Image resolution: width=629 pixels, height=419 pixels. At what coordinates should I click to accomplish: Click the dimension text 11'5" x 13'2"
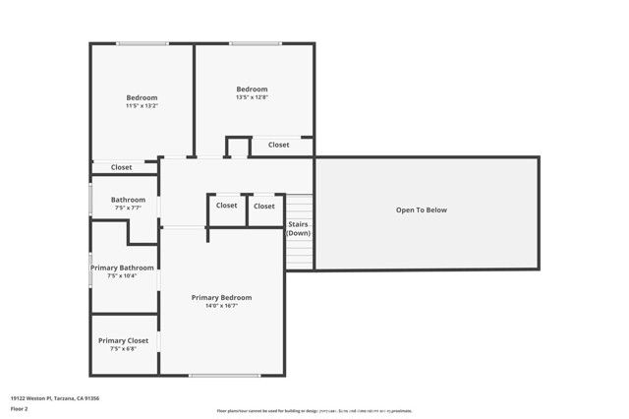pyautogui.click(x=142, y=106)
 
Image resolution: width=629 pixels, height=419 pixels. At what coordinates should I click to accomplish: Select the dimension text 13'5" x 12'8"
pyautogui.click(x=252, y=97)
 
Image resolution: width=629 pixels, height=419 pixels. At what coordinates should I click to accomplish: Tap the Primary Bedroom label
pyautogui.click(x=221, y=297)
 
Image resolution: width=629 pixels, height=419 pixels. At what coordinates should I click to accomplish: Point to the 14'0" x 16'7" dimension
pyautogui.click(x=221, y=306)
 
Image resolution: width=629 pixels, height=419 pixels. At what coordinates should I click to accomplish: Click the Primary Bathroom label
pyautogui.click(x=122, y=268)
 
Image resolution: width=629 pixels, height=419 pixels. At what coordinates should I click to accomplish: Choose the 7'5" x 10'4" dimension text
pyautogui.click(x=122, y=275)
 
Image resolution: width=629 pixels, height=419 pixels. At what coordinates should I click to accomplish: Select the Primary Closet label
pyautogui.click(x=123, y=340)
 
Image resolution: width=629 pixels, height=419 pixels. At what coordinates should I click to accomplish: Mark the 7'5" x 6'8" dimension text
pyautogui.click(x=123, y=348)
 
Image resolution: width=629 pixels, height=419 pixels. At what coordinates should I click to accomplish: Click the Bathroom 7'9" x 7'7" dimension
pyautogui.click(x=128, y=208)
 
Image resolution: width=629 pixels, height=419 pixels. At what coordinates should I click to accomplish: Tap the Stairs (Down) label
pyautogui.click(x=299, y=228)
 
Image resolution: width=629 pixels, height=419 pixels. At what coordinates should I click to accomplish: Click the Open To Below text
pyautogui.click(x=422, y=209)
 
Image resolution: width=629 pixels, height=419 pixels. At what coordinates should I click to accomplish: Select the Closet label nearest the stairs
pyautogui.click(x=264, y=206)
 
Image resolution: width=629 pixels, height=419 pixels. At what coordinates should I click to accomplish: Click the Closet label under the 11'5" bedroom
pyautogui.click(x=121, y=167)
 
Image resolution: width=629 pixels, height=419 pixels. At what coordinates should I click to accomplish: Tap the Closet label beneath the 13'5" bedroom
pyautogui.click(x=279, y=145)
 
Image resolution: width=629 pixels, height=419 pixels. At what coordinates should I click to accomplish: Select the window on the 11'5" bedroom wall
pyautogui.click(x=143, y=43)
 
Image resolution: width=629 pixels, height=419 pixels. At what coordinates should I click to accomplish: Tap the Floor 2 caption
pyautogui.click(x=20, y=408)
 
